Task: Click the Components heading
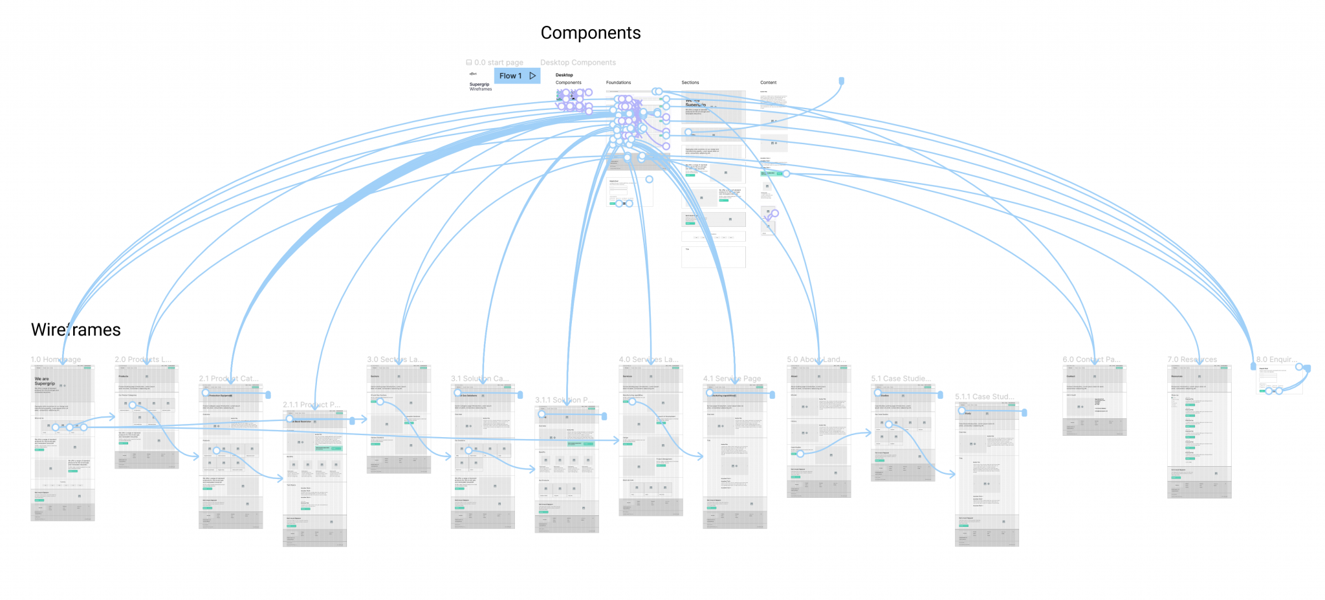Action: point(590,33)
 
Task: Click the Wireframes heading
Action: point(76,330)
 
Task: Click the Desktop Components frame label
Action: point(578,63)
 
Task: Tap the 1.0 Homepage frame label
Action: point(56,359)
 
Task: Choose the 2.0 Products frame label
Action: point(143,359)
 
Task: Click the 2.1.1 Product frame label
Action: point(311,405)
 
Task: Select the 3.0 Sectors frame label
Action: point(395,359)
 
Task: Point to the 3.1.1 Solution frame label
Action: point(564,400)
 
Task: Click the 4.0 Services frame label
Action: point(648,359)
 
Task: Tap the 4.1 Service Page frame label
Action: point(732,379)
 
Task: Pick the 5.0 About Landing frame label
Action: point(816,359)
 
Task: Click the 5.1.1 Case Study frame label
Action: point(984,397)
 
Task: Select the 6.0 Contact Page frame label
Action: point(1091,359)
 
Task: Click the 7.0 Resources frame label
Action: point(1192,359)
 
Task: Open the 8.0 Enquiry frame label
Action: point(1276,359)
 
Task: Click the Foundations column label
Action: point(618,83)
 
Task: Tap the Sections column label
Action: point(690,83)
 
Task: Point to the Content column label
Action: point(768,83)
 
